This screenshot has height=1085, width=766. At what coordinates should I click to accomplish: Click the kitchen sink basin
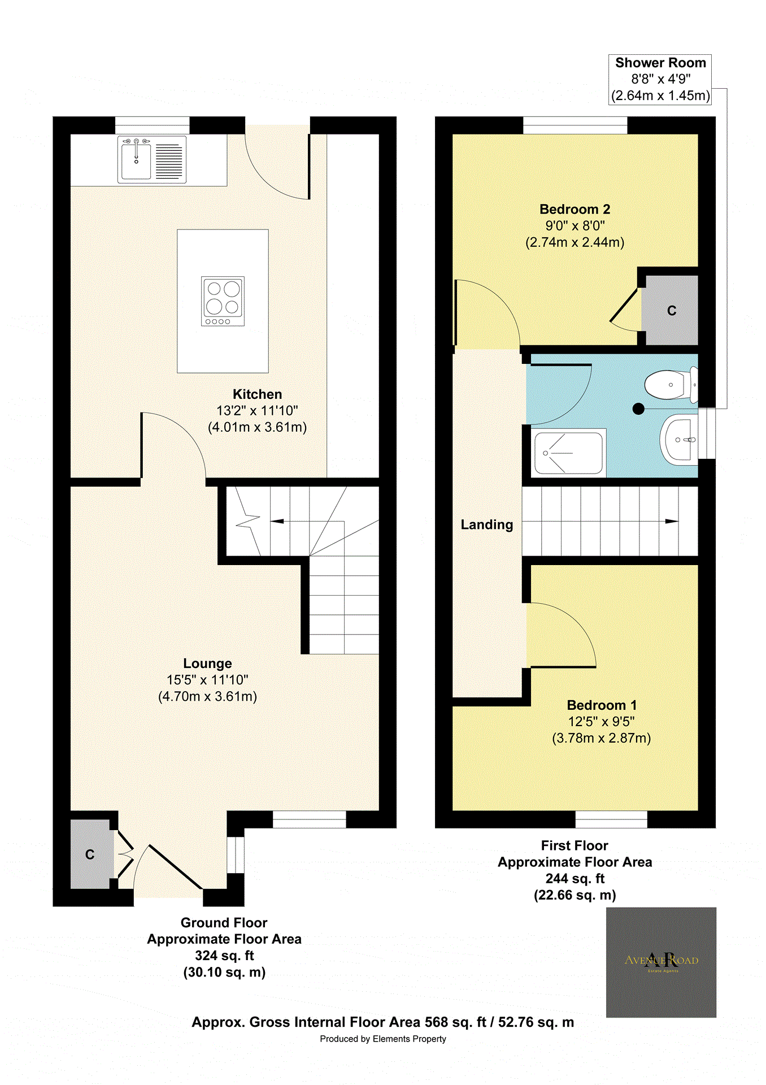click(x=136, y=161)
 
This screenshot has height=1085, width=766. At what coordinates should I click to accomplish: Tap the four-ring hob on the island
click(x=223, y=301)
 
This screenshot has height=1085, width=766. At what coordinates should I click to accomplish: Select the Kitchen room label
click(x=257, y=394)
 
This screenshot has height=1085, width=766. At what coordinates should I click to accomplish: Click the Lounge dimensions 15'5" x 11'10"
click(x=207, y=680)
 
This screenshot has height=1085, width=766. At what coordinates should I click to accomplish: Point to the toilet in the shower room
click(x=668, y=385)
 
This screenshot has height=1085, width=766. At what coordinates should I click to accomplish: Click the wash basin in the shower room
click(x=680, y=440)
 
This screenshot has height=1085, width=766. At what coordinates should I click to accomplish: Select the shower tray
click(x=568, y=453)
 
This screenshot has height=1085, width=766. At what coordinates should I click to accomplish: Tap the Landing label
click(x=486, y=524)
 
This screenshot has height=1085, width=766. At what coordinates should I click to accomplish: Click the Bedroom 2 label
click(x=574, y=210)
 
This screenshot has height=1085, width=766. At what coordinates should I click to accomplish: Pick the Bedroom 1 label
click(x=602, y=705)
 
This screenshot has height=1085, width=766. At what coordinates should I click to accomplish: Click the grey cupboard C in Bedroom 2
click(x=672, y=310)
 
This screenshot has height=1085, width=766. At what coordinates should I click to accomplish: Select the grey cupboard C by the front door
click(x=90, y=854)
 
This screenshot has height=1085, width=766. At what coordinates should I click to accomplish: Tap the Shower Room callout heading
click(x=660, y=63)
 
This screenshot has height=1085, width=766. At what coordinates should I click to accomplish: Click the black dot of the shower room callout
click(x=638, y=409)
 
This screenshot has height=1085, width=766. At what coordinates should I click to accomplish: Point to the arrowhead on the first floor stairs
click(x=671, y=521)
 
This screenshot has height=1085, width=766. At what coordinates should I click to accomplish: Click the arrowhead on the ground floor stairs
click(x=277, y=521)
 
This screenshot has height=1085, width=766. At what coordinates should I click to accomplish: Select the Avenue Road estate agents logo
click(x=661, y=962)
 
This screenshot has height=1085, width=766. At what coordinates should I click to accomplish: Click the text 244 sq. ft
click(x=574, y=878)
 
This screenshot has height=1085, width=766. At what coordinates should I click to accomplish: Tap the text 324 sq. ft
click(x=224, y=956)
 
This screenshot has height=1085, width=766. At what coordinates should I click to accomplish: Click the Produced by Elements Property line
click(x=382, y=1039)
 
